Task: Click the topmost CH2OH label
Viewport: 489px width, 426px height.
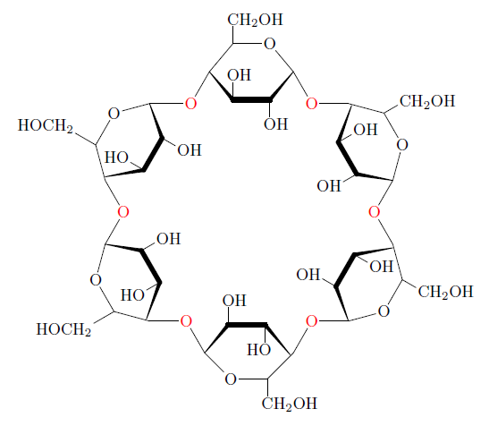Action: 255,20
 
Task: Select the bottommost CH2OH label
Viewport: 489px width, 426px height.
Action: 289,404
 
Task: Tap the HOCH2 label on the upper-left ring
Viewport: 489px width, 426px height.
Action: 46,125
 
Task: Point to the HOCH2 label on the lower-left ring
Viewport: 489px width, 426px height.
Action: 64,329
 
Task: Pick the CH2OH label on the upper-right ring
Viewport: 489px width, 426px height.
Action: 427,101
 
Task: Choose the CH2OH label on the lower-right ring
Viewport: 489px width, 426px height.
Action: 446,292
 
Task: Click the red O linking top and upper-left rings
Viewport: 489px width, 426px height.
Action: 190,104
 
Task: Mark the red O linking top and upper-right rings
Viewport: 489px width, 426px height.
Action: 311,104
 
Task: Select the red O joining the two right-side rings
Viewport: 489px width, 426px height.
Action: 375,212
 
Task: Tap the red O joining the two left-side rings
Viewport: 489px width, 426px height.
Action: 123,212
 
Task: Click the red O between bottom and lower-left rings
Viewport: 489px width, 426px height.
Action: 186,321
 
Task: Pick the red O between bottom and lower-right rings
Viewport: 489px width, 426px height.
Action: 311,321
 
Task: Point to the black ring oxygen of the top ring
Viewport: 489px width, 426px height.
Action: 270,44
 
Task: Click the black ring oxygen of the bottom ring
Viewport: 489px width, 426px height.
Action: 231,379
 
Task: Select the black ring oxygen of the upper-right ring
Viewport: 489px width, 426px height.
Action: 402,145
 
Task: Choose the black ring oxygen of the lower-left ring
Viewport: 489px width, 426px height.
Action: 96,279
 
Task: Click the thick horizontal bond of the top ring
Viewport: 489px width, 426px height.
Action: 251,100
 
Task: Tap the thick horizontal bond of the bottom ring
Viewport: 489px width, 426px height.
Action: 247,325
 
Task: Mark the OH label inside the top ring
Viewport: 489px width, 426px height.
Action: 240,75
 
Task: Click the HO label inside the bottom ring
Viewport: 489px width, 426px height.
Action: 259,350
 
